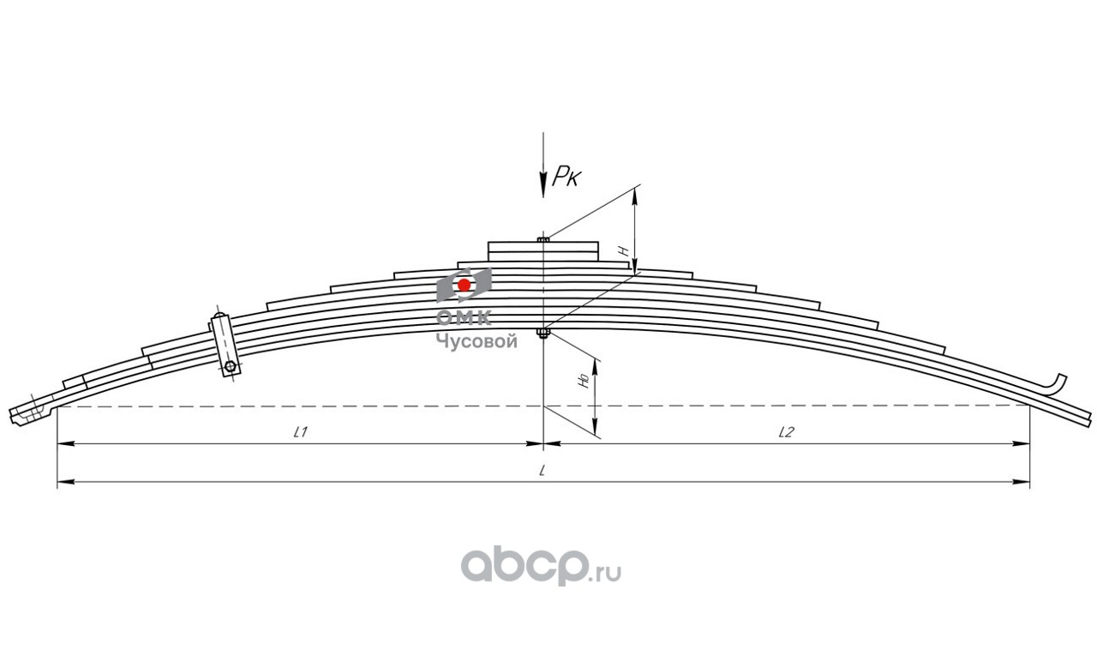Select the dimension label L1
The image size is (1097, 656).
[x=300, y=433]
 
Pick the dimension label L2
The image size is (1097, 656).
[x=785, y=433]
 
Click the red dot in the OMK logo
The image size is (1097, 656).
[x=464, y=285]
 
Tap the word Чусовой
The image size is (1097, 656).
[x=477, y=341]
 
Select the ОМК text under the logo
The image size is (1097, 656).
[x=464, y=318]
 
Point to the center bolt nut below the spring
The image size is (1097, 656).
[x=543, y=334]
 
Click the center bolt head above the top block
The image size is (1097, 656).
[x=543, y=239]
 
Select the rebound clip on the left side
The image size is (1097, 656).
[x=224, y=343]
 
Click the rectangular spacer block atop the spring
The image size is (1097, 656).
[x=543, y=250]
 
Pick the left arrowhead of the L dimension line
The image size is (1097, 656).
[x=62, y=484]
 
